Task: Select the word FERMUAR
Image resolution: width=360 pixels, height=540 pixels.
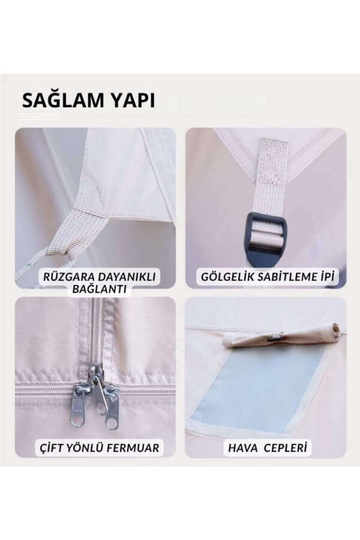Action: (x=136, y=448)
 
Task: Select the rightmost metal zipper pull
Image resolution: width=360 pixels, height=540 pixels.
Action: (x=112, y=410)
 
